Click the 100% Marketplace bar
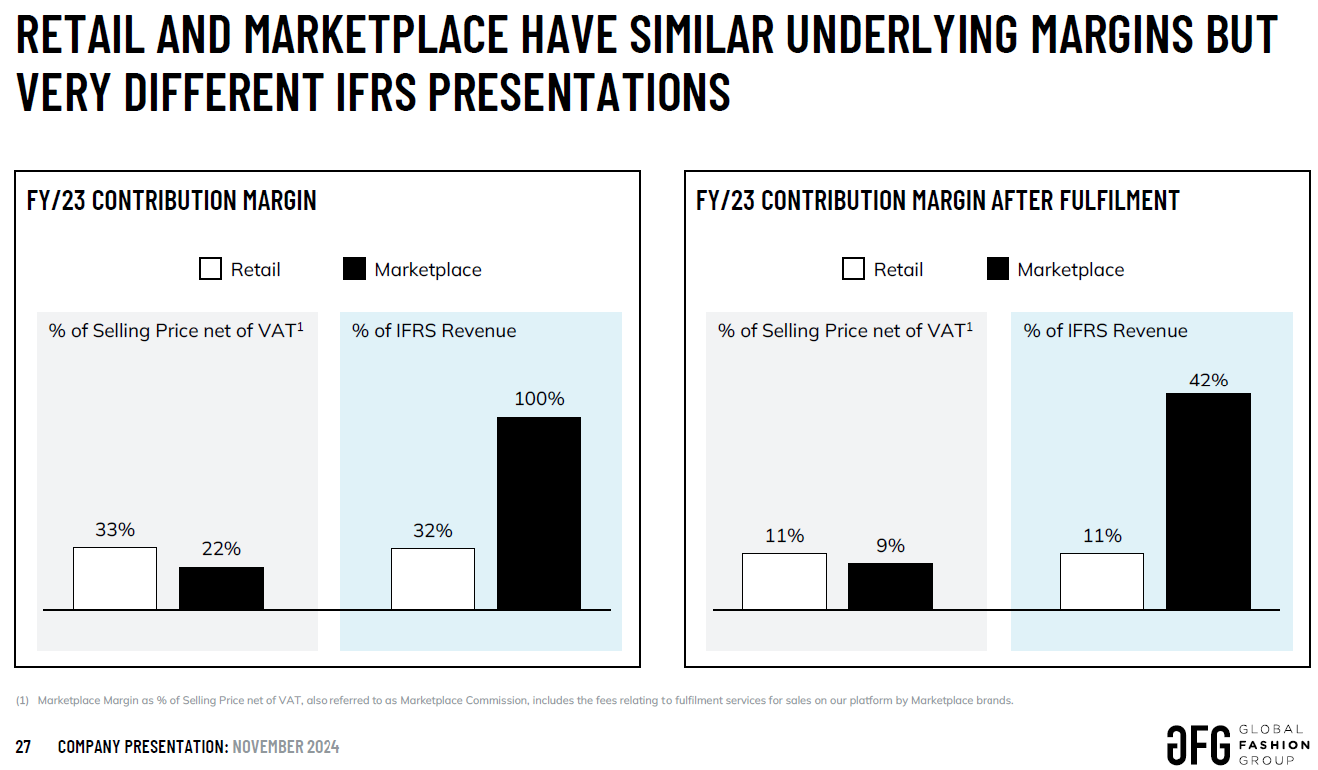[539, 513]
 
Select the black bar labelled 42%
[1208, 501]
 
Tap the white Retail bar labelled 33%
[115, 578]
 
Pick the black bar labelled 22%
[221, 588]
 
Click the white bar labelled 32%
[433, 579]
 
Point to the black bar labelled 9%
[890, 586]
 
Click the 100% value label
[539, 399]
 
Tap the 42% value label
[1208, 381]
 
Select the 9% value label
[890, 546]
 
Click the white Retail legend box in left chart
[210, 269]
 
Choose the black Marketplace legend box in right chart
[997, 269]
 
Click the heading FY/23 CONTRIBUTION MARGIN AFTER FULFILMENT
[938, 200]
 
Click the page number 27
[23, 747]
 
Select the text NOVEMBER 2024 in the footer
[286, 747]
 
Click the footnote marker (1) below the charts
[23, 700]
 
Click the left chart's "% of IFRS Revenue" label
[434, 331]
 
